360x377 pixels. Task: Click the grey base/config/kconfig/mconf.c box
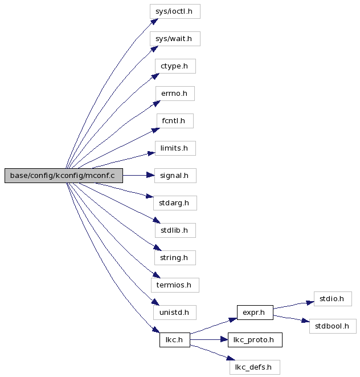click(64, 176)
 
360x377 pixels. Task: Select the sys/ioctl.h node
click(175, 11)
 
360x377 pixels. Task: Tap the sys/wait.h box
click(175, 39)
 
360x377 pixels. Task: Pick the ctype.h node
click(175, 66)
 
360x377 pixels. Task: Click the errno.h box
click(175, 94)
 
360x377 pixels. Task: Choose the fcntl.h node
click(175, 121)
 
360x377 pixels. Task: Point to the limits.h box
click(175, 148)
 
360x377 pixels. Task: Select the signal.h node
click(175, 176)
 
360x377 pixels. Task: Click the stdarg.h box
click(175, 203)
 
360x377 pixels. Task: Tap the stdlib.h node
click(175, 230)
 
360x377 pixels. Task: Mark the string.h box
click(175, 258)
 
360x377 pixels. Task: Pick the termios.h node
click(175, 285)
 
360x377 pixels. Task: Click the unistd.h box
click(175, 313)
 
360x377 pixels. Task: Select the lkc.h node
click(175, 340)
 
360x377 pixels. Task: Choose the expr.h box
click(255, 313)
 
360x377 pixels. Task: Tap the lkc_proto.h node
click(255, 340)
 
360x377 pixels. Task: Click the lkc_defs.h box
click(255, 367)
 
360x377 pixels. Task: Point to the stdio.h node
click(333, 299)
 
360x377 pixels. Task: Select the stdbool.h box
click(333, 326)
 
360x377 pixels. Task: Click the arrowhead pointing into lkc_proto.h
click(224, 340)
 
